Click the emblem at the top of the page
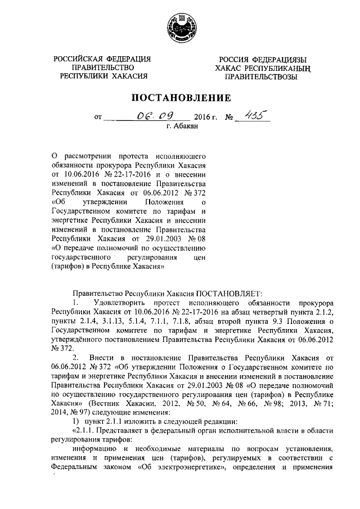181,28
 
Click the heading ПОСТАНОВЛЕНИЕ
181,98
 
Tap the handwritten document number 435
252,115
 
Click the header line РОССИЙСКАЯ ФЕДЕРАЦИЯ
102,59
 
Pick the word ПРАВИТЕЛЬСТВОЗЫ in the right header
258,76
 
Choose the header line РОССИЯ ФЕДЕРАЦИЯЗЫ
258,59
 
